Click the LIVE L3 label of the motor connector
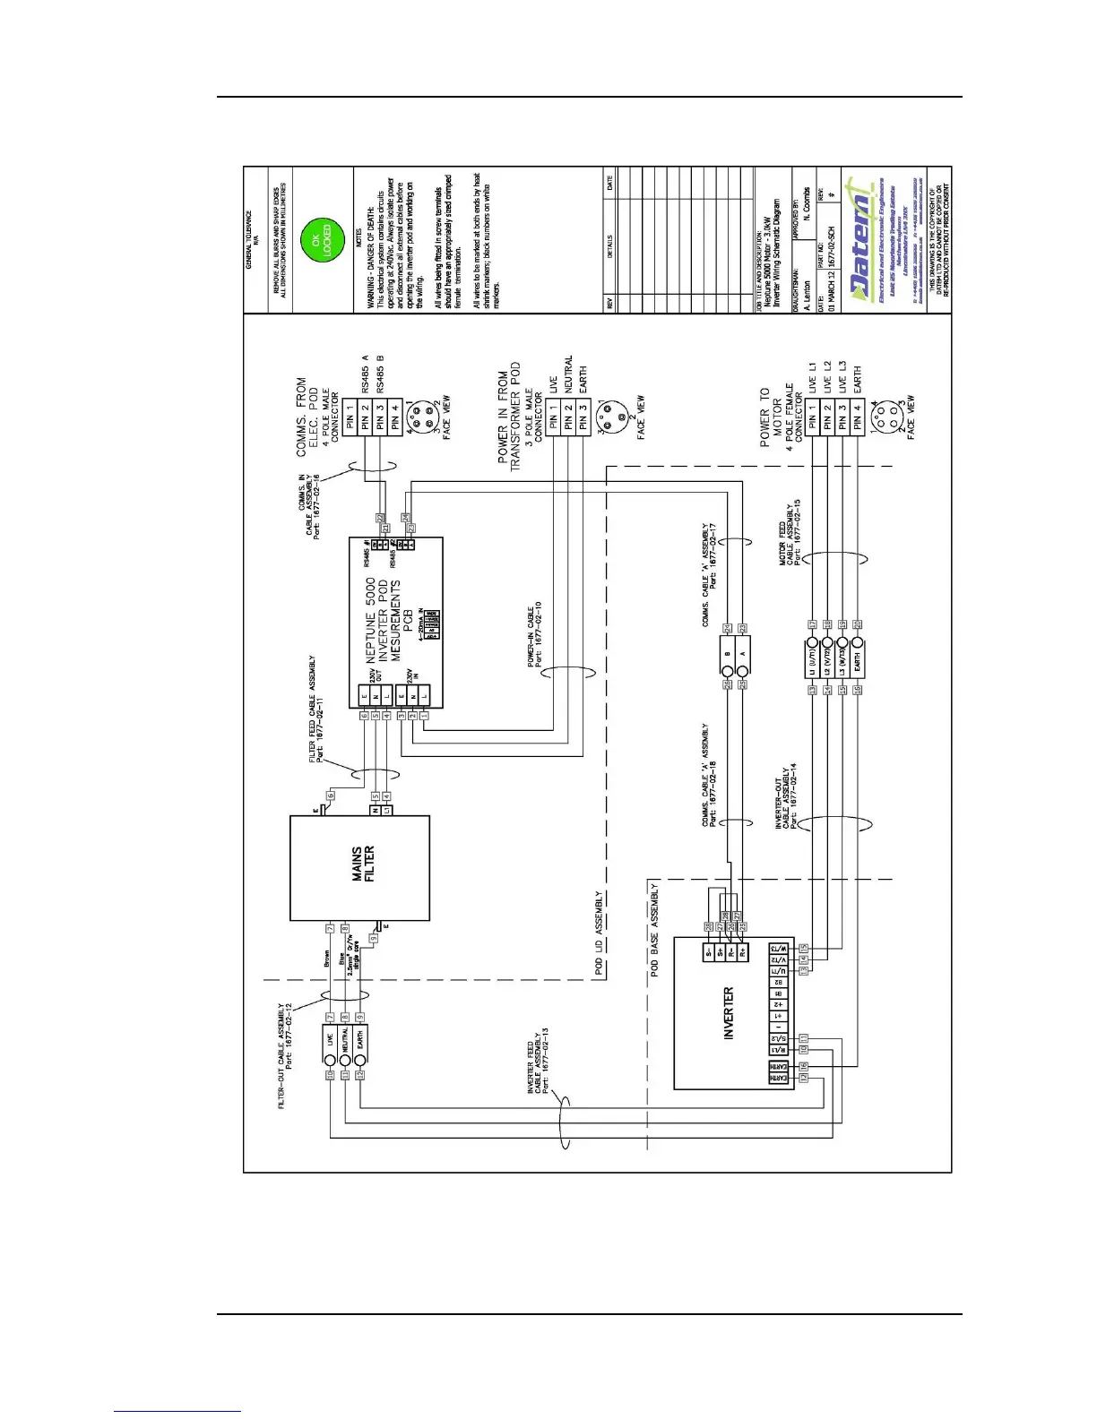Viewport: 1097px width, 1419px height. click(x=842, y=377)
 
